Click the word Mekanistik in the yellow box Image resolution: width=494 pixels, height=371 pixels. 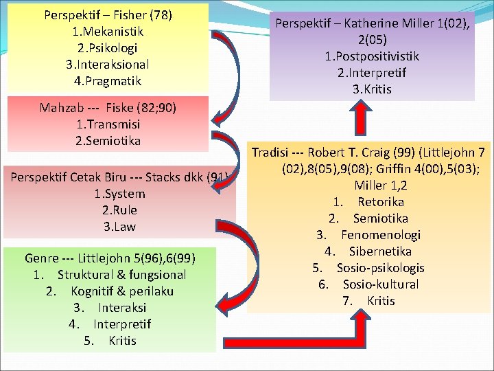click(x=111, y=31)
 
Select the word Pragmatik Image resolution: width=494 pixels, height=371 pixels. click(x=112, y=80)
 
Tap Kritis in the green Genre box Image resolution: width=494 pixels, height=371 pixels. click(x=122, y=341)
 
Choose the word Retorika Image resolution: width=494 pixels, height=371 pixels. click(x=381, y=202)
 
